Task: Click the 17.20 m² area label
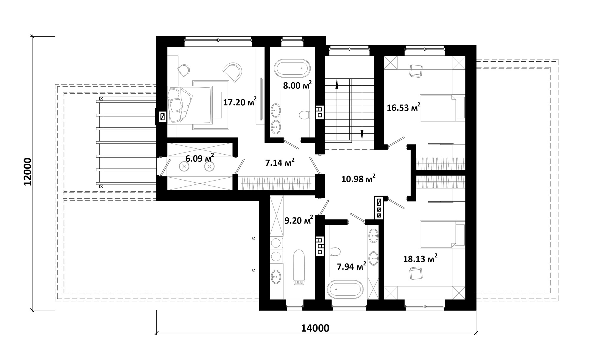240,102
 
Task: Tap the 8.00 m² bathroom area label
297,85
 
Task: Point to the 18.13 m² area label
420,259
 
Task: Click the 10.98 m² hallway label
358,178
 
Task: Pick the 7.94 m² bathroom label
352,266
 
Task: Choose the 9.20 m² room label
299,220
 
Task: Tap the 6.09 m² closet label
200,158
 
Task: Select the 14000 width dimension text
315,328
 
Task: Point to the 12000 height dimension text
27,172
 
